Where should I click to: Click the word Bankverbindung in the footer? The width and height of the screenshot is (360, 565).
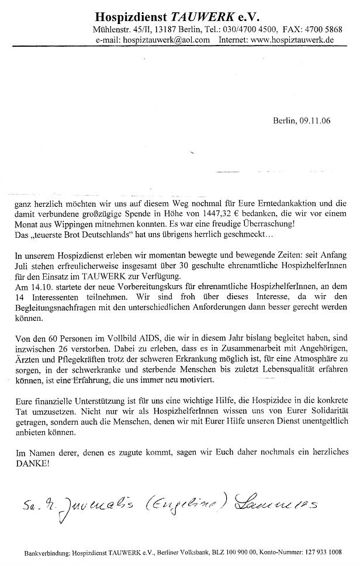click(45, 552)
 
